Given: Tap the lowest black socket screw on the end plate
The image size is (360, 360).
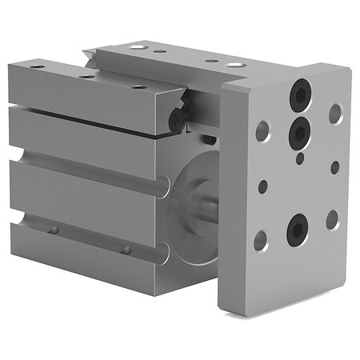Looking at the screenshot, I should pos(297,231).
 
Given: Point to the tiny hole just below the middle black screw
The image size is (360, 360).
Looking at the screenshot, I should pos(299,158).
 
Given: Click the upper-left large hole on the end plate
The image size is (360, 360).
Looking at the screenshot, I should pos(262,130).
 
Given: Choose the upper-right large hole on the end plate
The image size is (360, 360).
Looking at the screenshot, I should pos(334,114).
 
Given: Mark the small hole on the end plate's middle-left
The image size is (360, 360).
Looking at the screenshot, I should pos(262,186).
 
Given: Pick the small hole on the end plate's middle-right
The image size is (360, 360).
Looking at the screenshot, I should pos(334,167).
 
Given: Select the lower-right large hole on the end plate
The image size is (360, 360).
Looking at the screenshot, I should pos(333,219).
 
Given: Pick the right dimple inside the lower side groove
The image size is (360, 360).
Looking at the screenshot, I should pos(126,250).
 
